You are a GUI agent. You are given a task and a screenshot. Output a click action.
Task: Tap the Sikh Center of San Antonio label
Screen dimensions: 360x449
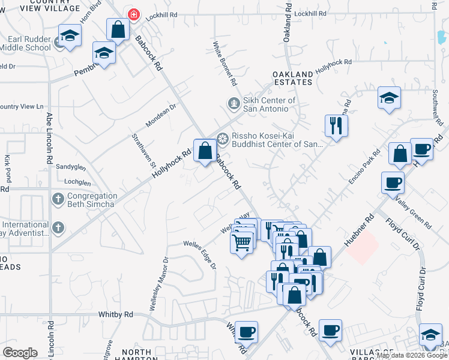[x=269, y=104]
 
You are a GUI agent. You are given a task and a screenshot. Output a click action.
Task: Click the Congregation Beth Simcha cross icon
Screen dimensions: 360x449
[x=58, y=199]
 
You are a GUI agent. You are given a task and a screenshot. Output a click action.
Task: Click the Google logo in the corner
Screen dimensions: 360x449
[x=20, y=353]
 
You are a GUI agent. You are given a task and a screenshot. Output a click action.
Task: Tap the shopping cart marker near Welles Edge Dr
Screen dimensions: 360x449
[x=241, y=243]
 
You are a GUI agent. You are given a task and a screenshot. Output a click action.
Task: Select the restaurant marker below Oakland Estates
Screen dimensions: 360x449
[x=335, y=125]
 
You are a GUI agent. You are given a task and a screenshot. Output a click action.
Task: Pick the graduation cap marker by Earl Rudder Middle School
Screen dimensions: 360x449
[x=70, y=35]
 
